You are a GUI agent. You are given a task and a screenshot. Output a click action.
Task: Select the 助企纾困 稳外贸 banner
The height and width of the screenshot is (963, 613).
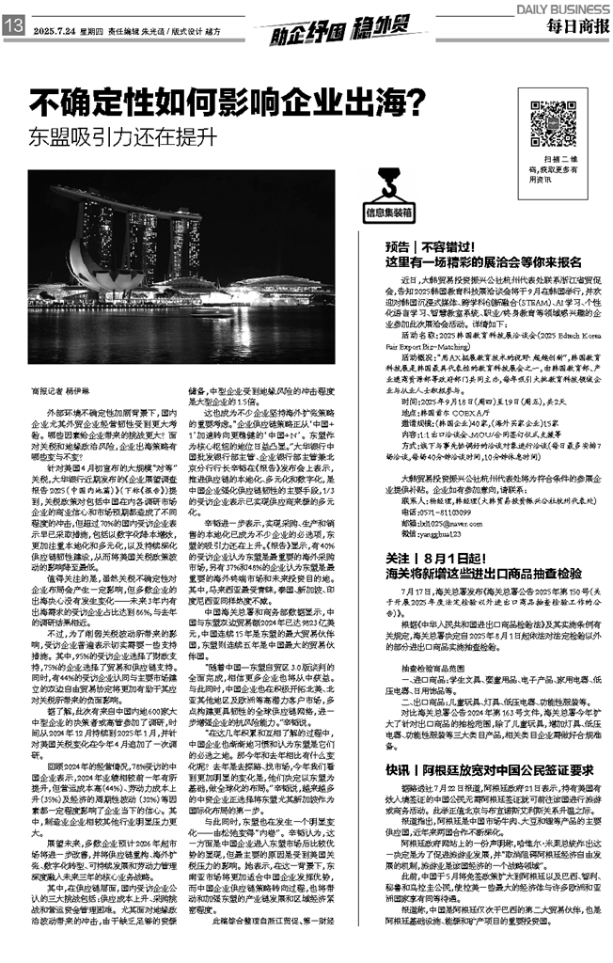tap(306, 35)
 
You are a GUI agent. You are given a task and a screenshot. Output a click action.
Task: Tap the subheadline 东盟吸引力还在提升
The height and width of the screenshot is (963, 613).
tap(117, 136)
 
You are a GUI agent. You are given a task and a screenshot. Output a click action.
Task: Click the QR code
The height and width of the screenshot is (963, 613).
tap(552, 119)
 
